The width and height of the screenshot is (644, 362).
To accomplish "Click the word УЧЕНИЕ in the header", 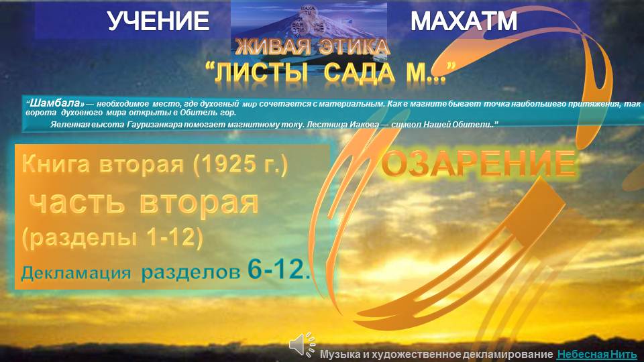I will (x=158, y=22).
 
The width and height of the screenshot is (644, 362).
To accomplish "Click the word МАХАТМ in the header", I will (x=464, y=22).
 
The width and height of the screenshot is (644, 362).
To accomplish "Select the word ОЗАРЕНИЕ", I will (x=478, y=164).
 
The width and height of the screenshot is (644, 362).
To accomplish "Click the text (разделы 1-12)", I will (x=113, y=238).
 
